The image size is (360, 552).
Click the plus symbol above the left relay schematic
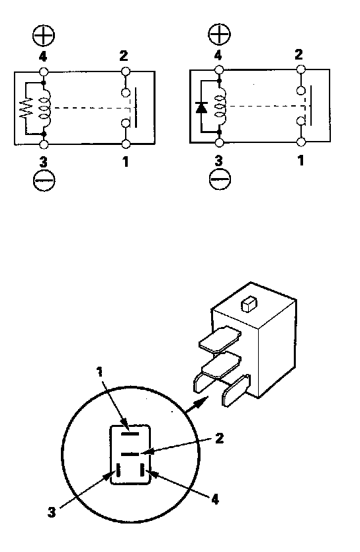(44, 35)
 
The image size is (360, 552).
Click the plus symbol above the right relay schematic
(219, 34)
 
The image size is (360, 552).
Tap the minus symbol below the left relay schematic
(44, 180)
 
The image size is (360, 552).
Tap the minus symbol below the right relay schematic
(220, 179)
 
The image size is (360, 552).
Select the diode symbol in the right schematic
(202, 107)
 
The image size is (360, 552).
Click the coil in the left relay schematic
(45, 108)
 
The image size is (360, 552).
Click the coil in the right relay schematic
(220, 107)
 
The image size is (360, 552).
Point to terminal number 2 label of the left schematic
(124, 56)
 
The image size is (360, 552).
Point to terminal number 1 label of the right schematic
(300, 161)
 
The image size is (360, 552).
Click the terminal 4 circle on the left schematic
(43, 71)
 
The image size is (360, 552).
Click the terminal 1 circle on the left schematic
(126, 144)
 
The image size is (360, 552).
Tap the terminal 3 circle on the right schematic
(220, 142)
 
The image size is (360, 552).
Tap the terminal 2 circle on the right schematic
(301, 69)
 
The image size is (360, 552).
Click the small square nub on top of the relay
(249, 304)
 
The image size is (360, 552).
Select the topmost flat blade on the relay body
(220, 339)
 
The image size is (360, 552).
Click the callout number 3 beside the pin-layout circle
(52, 512)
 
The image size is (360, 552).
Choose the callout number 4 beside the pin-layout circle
(215, 499)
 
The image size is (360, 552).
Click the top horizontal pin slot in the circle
(130, 434)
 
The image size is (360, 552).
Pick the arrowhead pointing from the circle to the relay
(200, 402)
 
